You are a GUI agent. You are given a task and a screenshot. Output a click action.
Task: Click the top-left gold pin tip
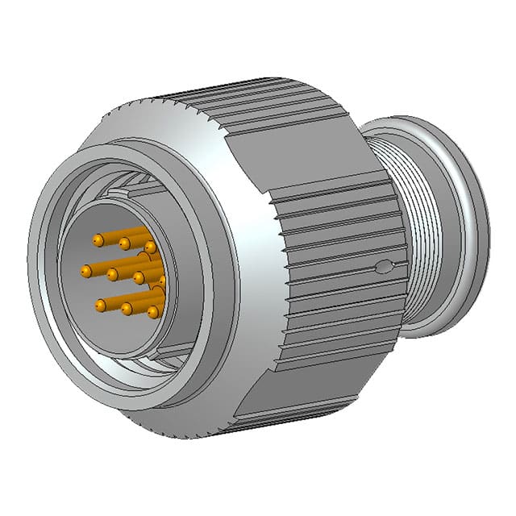(98, 240)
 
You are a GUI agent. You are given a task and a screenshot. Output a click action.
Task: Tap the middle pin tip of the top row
(124, 243)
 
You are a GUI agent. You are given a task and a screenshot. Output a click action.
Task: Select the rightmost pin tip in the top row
(150, 246)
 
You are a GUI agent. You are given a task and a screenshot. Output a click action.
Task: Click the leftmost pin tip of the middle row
(86, 272)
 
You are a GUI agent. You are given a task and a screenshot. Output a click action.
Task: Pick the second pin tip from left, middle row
(113, 275)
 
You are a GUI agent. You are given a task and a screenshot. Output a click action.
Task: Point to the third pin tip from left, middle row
(139, 278)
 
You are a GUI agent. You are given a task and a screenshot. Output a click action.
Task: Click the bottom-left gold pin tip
(100, 305)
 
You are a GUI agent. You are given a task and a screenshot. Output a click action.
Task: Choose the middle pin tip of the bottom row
(127, 308)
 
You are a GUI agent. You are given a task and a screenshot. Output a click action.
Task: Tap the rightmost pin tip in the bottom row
(152, 310)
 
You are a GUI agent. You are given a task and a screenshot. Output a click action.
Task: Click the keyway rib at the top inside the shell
(137, 192)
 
